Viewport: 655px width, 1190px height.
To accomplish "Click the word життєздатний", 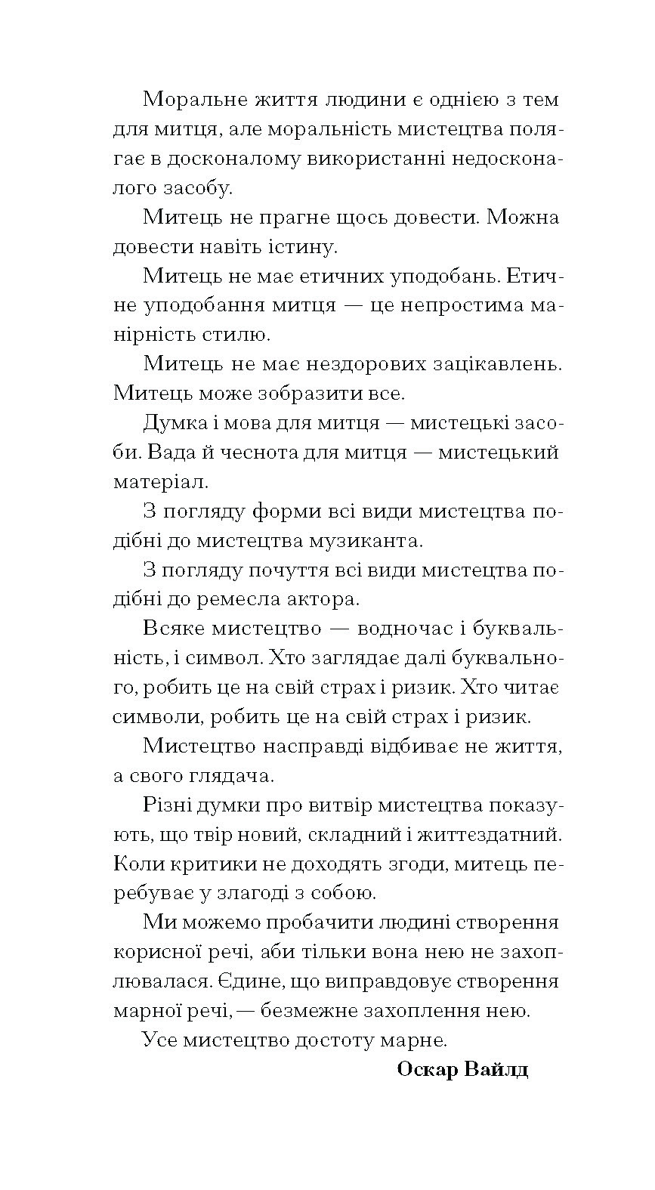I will click(481, 835).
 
